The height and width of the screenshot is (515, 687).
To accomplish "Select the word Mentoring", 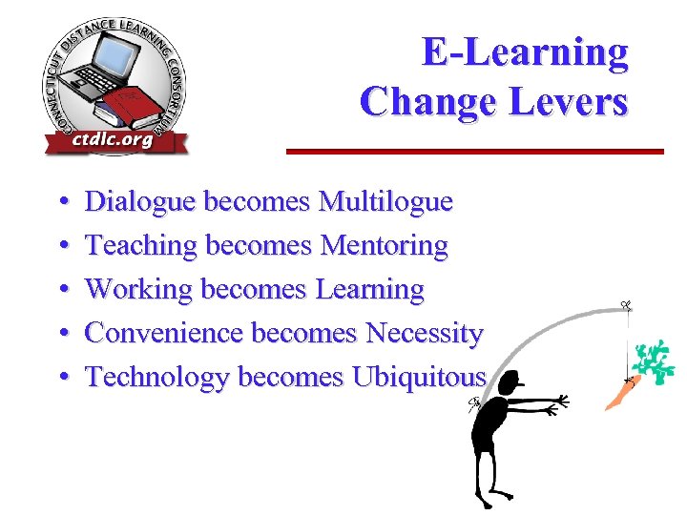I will click(385, 246).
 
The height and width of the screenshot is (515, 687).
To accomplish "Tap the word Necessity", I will click(425, 334).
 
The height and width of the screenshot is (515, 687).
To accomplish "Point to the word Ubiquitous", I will click(419, 378).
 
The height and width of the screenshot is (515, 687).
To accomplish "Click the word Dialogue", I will click(140, 202).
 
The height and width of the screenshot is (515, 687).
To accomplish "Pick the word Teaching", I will click(141, 246).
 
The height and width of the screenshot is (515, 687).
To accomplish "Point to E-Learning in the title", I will click(525, 51).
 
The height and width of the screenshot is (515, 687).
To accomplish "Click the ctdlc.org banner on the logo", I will click(113, 140).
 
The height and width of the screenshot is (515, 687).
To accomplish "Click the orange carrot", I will click(618, 393).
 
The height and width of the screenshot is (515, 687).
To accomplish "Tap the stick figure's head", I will click(505, 385).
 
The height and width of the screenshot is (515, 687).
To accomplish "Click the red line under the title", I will click(475, 151).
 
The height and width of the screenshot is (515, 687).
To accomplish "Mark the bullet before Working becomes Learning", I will click(62, 290).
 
